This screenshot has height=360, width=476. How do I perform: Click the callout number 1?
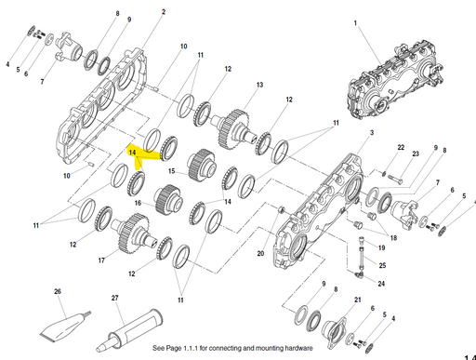tap(357, 20)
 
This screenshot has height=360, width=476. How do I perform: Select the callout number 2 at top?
tap(164, 12)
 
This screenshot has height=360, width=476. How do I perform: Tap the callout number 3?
tap(372, 135)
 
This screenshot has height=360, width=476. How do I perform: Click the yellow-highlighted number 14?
tap(133, 151)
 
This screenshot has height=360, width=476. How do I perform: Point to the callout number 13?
tap(260, 85)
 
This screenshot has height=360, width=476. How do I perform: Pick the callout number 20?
tap(260, 252)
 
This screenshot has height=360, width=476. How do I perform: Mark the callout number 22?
tap(400, 148)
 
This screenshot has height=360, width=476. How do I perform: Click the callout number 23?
tap(416, 153)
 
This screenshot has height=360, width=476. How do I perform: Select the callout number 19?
tap(381, 247)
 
